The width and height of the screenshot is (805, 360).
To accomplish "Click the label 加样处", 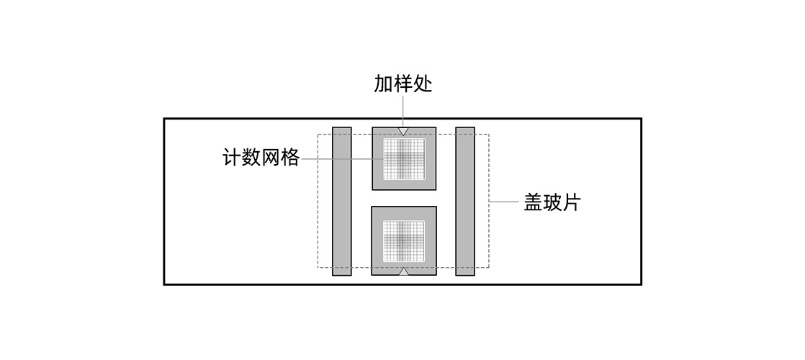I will tap(403, 84).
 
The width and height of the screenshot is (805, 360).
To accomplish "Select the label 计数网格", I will tap(261, 158).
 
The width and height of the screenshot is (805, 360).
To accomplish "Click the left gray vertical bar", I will tap(341, 202).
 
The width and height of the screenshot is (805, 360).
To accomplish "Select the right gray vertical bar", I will tap(465, 202).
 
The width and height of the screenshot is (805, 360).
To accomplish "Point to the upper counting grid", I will tap(404, 158).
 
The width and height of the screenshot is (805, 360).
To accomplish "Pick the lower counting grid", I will tap(404, 240).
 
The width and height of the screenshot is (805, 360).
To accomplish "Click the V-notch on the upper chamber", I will tap(404, 132).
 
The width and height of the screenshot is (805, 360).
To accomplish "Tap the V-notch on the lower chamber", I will tap(404, 271).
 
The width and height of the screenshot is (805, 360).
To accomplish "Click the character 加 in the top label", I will tap(383, 84).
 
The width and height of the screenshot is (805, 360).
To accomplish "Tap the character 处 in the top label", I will tap(423, 84).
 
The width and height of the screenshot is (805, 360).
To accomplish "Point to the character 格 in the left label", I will tap(289, 158).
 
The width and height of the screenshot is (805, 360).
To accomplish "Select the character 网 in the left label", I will tap(270, 158).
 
